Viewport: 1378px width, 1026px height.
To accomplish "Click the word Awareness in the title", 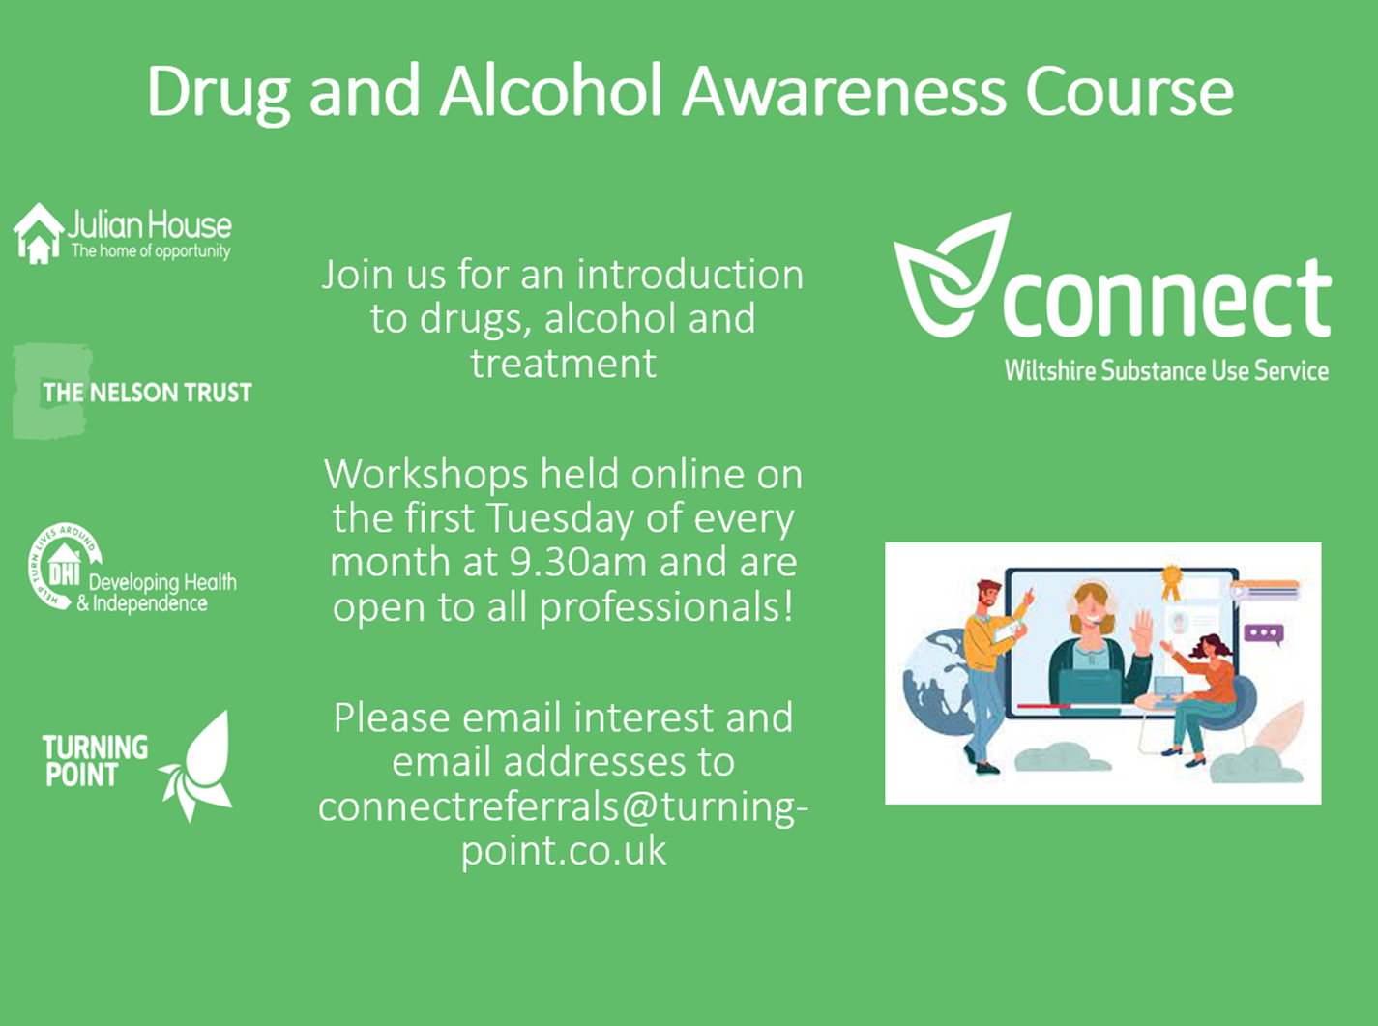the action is coord(843,92).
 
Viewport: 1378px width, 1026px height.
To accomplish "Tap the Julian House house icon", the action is coord(39,234).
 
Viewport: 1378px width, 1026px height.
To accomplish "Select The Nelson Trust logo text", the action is coord(147,393).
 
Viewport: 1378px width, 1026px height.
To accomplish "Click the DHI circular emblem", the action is coord(65,566).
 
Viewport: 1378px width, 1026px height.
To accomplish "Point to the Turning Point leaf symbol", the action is coord(197,767).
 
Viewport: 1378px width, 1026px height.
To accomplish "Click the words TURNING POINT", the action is coord(95,761).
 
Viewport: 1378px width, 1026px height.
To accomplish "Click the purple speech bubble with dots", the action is coord(1264,633).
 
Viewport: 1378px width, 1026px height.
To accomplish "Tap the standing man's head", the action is coord(988,596).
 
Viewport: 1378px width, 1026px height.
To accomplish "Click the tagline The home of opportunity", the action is coord(151,251).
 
